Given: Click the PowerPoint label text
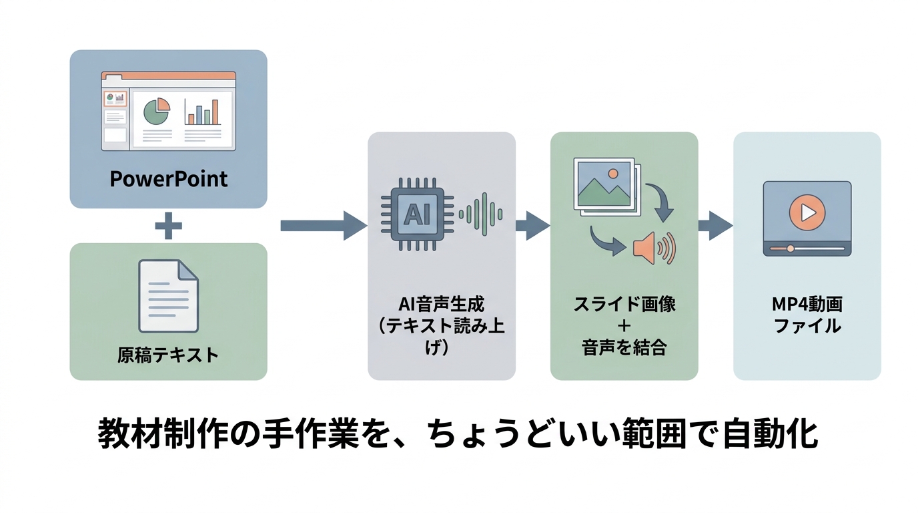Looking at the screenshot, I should click(x=168, y=179).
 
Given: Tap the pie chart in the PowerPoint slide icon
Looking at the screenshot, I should click(x=156, y=112).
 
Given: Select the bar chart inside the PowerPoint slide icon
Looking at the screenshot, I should click(x=203, y=113).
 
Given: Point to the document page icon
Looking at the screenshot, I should click(x=168, y=296).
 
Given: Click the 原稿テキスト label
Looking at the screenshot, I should click(x=168, y=354).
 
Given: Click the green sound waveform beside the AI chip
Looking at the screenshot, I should click(x=480, y=214).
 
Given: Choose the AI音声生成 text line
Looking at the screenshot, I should click(x=441, y=304).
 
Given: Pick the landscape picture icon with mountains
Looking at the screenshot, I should click(x=604, y=184).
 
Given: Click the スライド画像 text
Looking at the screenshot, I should click(x=624, y=304).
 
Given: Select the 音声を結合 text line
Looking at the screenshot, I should click(x=624, y=348).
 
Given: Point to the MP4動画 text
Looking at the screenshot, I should click(x=807, y=304).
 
